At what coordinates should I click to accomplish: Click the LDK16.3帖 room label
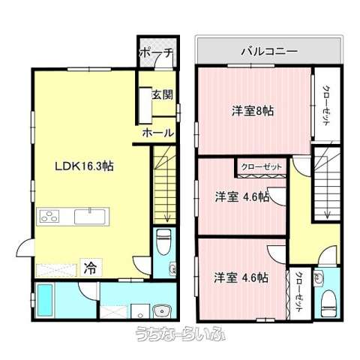[84, 166]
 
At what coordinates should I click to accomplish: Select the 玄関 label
[163, 95]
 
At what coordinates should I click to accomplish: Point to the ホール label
[158, 133]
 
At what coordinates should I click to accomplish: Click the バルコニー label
[269, 52]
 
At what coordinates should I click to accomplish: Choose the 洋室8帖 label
[253, 111]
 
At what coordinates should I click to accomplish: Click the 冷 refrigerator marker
[90, 268]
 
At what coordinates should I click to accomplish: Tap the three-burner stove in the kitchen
[49, 217]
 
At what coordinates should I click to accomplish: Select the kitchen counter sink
[90, 217]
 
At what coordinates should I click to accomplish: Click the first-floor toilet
[163, 241]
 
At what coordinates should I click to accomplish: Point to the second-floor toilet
[328, 303]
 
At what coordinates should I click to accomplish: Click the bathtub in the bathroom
[45, 300]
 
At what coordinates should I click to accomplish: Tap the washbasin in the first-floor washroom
[163, 311]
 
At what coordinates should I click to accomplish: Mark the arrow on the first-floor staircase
[167, 217]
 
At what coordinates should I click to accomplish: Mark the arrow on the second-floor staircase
[327, 213]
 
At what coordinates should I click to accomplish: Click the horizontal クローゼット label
[262, 166]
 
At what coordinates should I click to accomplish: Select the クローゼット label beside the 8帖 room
[326, 106]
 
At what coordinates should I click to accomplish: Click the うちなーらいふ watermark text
[181, 334]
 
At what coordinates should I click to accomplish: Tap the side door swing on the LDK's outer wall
[24, 247]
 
